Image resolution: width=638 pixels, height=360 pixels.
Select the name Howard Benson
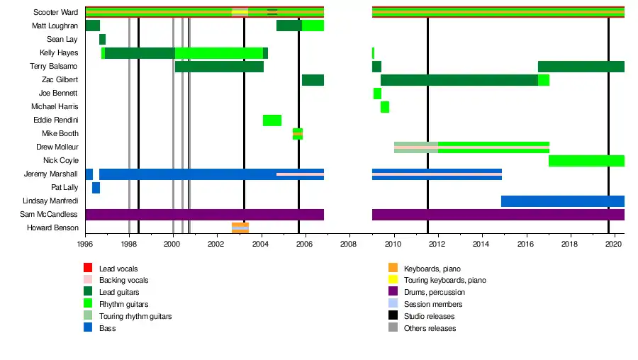click(x=52, y=228)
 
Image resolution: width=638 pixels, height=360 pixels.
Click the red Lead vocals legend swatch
click(x=88, y=269)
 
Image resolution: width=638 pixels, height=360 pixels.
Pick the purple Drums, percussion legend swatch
click(x=393, y=292)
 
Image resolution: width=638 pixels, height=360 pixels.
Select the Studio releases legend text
click(x=429, y=316)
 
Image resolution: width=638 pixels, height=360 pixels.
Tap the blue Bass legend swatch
click(x=88, y=328)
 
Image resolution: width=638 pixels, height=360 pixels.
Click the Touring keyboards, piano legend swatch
click(x=393, y=280)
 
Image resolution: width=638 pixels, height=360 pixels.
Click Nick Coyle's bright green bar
click(x=586, y=161)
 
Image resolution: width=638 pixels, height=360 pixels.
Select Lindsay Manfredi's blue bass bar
click(x=563, y=201)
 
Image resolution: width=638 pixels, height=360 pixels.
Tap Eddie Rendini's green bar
click(x=272, y=120)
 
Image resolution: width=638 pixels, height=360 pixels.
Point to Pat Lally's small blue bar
click(x=96, y=188)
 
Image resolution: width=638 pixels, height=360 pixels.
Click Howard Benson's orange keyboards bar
click(x=240, y=228)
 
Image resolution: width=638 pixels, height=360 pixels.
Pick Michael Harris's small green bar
click(x=385, y=107)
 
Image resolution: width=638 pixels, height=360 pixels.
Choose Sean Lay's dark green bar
click(x=102, y=39)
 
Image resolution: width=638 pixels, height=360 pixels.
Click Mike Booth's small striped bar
click(x=298, y=134)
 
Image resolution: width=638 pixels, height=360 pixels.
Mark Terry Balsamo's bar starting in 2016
click(x=581, y=67)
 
